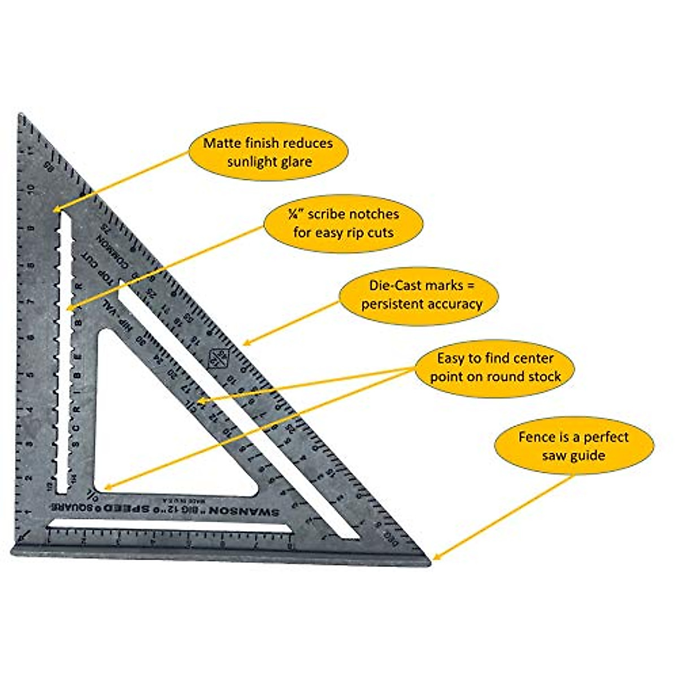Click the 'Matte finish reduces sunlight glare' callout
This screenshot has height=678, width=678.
(x=268, y=151)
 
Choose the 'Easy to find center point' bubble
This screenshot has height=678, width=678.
(x=495, y=367)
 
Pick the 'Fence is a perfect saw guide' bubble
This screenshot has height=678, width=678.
(x=573, y=445)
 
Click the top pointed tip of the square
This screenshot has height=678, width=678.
(x=21, y=116)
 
